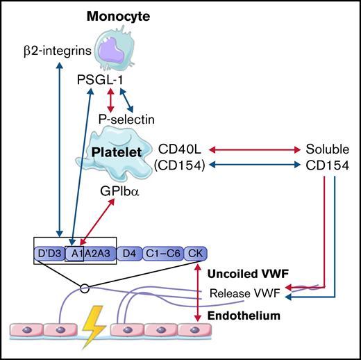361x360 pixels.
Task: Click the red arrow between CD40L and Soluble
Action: [x=258, y=149]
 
